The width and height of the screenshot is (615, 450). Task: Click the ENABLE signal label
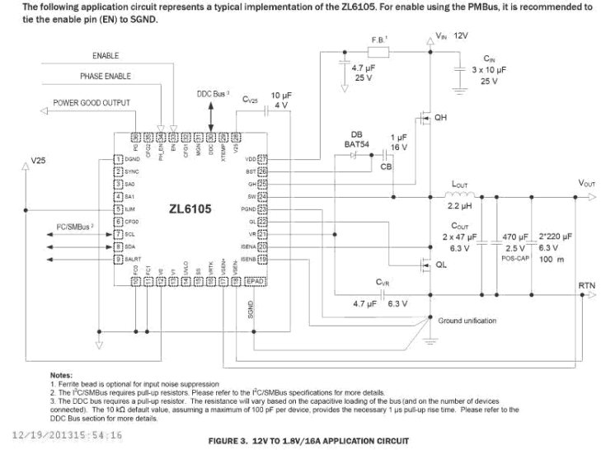pyautogui.click(x=105, y=55)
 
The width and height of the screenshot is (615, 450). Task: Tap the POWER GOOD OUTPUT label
pyautogui.click(x=92, y=103)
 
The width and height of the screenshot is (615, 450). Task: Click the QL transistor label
pyautogui.click(x=442, y=265)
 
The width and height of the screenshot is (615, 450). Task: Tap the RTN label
pyautogui.click(x=588, y=284)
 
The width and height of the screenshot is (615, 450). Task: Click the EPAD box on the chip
pyautogui.click(x=258, y=282)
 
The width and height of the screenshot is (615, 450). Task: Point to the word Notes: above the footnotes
pyautogui.click(x=62, y=375)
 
